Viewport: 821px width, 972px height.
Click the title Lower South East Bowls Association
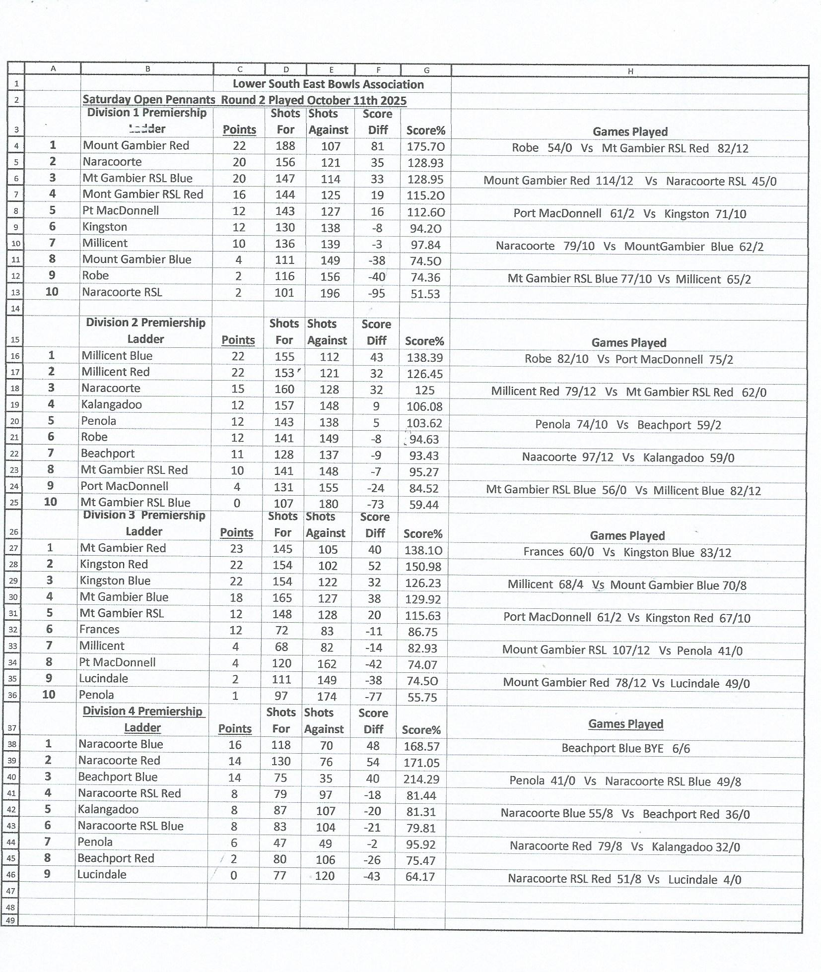[x=328, y=84]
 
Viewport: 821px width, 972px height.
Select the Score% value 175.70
[x=425, y=147]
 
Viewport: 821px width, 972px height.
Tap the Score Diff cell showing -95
[x=376, y=293]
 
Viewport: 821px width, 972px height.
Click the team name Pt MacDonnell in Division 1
[x=121, y=210]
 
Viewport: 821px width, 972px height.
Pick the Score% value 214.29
[x=421, y=779]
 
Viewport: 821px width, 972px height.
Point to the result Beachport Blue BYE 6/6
[x=625, y=748]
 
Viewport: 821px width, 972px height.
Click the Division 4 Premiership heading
[x=142, y=711]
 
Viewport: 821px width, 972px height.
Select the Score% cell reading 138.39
[x=424, y=357]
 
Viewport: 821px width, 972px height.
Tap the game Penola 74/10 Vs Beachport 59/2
[x=628, y=425]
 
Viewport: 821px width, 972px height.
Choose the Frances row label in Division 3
[x=99, y=630]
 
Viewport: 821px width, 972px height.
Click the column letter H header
[x=630, y=71]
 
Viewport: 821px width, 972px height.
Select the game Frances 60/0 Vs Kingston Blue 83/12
[x=627, y=552]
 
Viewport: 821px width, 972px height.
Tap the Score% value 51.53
[x=425, y=294]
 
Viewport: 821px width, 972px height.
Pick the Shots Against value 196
[x=330, y=293]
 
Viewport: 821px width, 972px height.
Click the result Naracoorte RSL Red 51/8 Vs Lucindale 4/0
[x=624, y=879]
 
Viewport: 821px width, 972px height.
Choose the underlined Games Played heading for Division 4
[x=625, y=724]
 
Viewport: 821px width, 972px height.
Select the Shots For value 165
[x=282, y=598]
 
